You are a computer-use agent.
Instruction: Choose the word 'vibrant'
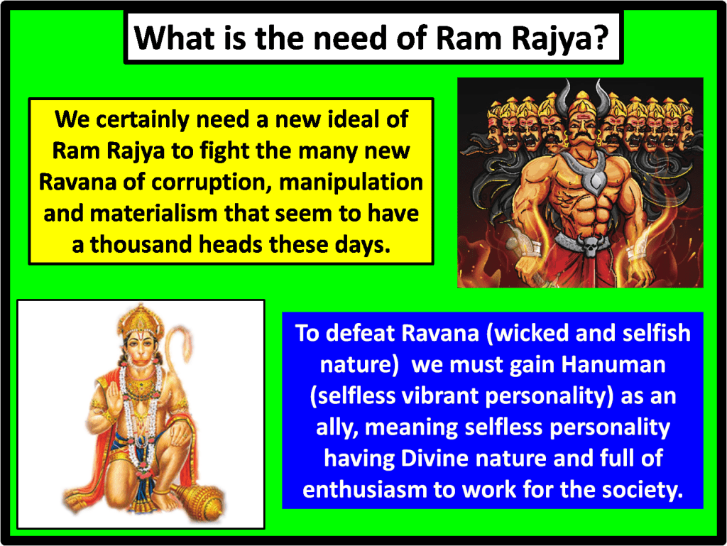click(441, 395)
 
